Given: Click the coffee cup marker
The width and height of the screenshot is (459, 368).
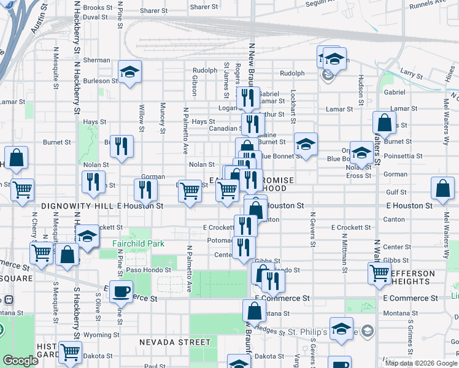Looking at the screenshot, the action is click(121, 290).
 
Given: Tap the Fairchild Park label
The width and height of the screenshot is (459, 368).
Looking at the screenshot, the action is click(138, 243).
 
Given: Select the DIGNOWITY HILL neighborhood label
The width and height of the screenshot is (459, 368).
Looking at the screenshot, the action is click(78, 206).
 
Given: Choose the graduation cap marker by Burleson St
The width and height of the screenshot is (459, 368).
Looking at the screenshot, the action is click(129, 72).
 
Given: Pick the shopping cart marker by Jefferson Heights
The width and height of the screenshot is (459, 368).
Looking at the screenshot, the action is click(380, 273).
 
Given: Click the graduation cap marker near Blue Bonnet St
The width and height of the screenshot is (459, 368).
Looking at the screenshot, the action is click(306, 144).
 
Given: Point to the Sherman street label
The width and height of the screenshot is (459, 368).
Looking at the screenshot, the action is click(96, 60).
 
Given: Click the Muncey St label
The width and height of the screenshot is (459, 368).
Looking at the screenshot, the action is click(163, 117).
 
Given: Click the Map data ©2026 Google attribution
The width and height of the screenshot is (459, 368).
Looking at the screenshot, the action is click(420, 363).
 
